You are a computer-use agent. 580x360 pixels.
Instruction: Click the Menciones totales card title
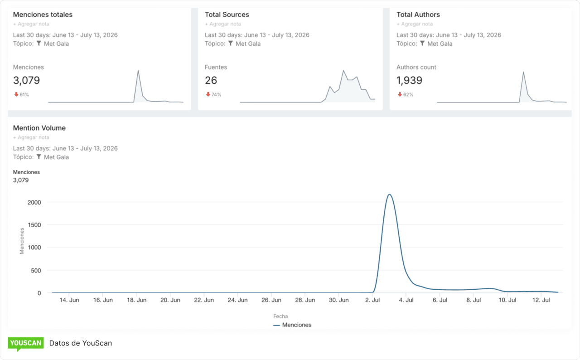point(43,15)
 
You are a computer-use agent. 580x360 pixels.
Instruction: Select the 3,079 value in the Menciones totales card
point(26,80)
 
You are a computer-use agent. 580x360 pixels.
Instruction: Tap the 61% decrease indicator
point(21,94)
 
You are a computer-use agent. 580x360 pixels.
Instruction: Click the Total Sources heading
point(227,15)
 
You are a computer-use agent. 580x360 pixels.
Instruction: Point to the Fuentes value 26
point(211,80)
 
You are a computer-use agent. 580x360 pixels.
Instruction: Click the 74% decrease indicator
point(213,94)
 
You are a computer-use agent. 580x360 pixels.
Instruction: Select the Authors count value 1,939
point(409,80)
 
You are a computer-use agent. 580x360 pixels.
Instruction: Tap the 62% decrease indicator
point(406,94)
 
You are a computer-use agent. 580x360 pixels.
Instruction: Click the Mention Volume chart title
point(39,128)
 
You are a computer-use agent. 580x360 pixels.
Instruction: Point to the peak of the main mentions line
point(389,194)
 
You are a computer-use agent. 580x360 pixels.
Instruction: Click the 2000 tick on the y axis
point(34,202)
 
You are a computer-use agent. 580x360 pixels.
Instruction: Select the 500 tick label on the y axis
point(36,270)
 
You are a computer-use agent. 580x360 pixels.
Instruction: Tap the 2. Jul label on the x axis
point(372,300)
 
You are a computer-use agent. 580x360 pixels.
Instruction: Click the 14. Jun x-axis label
point(69,300)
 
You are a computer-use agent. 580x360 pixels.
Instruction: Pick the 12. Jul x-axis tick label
point(541,300)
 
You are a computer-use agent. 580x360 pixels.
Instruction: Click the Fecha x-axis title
point(280,316)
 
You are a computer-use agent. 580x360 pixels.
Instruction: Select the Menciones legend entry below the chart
point(292,325)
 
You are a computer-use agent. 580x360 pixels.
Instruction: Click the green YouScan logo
point(26,344)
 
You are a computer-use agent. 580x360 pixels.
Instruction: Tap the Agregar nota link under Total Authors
point(415,24)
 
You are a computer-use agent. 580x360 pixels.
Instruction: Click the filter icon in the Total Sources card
point(231,43)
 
